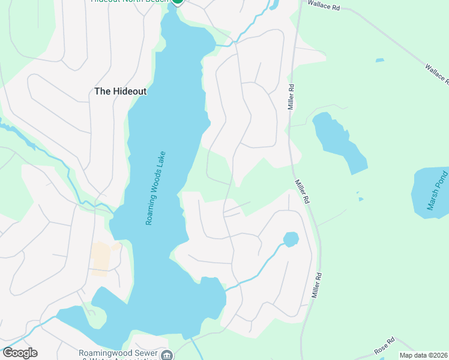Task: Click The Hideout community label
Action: tap(120, 91)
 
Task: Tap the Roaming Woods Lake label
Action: tap(155, 188)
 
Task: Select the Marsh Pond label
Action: tap(437, 191)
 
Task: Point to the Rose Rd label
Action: tap(384, 346)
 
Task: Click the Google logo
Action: tap(19, 353)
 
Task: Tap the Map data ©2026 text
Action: tap(423, 355)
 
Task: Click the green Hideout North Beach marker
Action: tap(177, 2)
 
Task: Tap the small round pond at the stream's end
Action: tap(291, 239)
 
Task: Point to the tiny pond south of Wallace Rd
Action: tap(379, 60)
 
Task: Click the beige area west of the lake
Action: tap(103, 259)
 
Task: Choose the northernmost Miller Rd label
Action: tap(291, 96)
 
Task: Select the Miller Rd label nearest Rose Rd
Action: tap(317, 286)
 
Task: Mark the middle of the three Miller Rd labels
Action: tap(301, 191)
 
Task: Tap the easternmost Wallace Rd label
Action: tap(436, 74)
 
